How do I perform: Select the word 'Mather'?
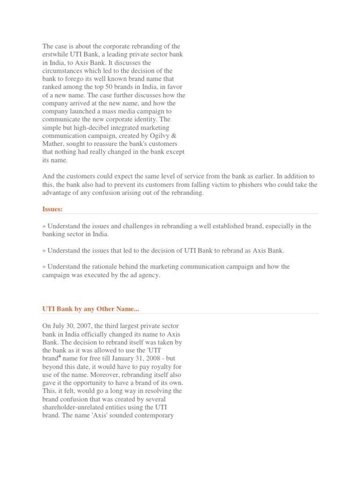[53, 143]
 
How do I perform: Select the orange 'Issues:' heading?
[52, 209]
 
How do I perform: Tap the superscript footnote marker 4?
[60, 356]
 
